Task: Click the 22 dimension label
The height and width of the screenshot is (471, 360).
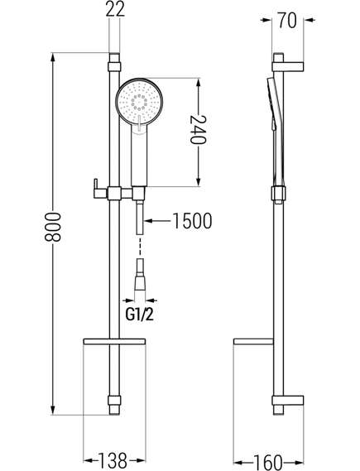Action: [115, 9]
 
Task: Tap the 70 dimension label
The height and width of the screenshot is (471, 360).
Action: [287, 21]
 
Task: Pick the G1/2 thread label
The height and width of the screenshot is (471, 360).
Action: [140, 315]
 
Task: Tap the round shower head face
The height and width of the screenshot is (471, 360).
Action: [139, 101]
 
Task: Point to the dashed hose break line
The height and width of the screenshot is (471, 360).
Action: [140, 246]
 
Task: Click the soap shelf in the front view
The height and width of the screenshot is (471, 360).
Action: [114, 341]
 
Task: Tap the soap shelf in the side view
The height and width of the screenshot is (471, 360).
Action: [254, 342]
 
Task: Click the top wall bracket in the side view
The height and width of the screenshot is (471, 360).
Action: [288, 67]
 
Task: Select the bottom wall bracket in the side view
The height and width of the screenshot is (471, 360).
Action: [288, 401]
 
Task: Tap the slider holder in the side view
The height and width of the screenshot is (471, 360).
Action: [278, 193]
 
